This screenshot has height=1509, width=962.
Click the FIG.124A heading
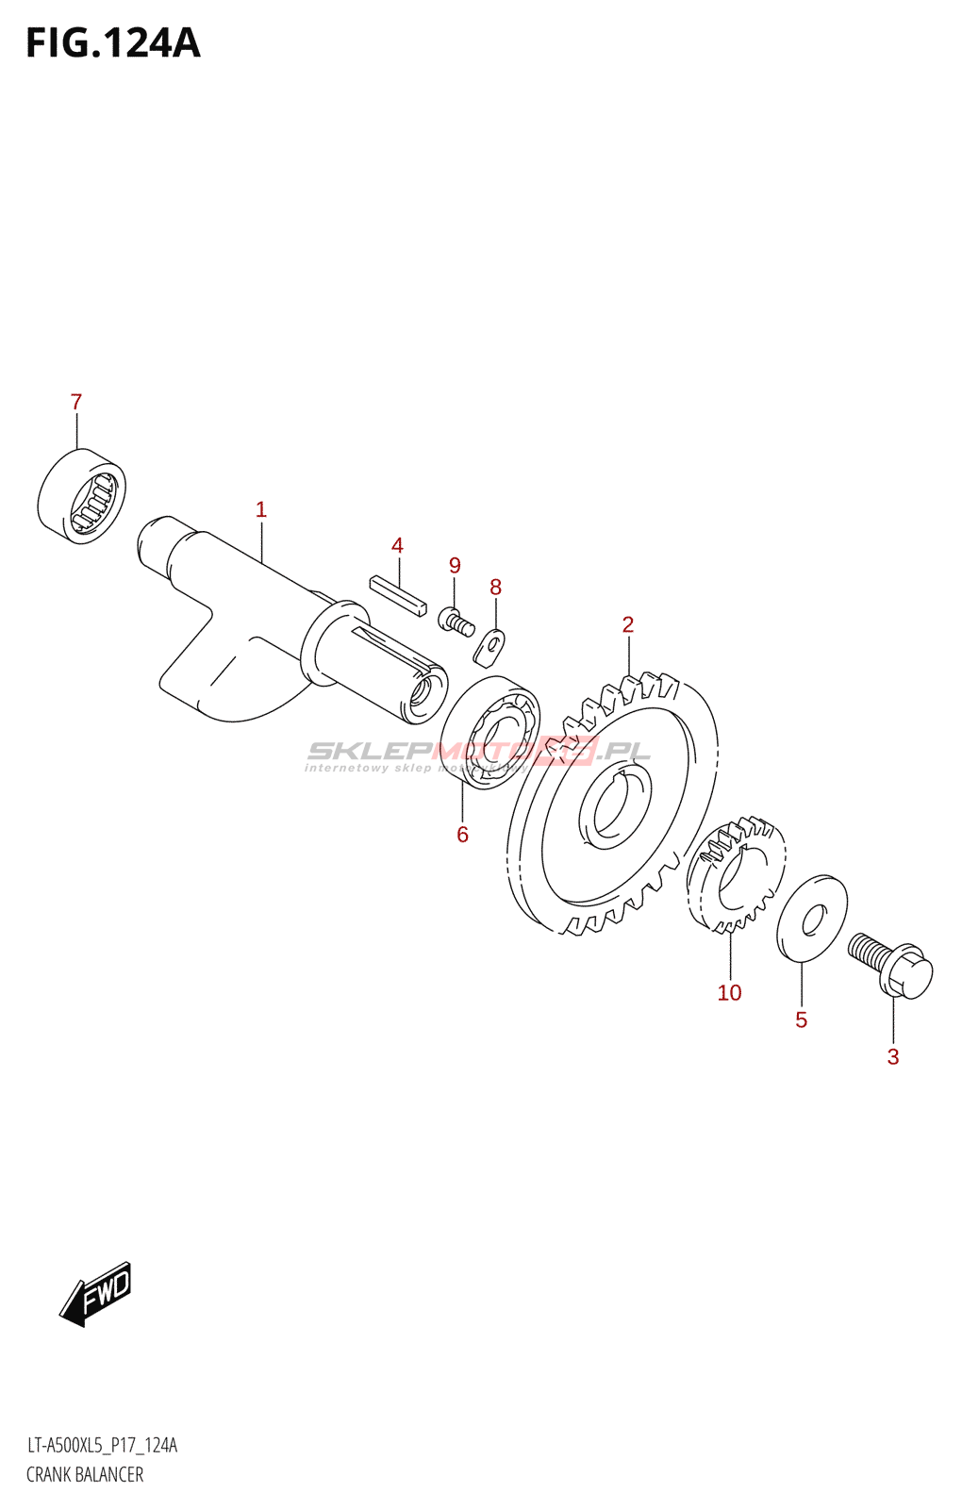click(113, 43)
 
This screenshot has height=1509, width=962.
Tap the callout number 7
click(76, 402)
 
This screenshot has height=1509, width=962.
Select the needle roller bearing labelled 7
click(82, 496)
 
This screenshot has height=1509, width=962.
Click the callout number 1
click(261, 509)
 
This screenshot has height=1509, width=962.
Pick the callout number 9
click(455, 565)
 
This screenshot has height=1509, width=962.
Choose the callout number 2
click(628, 624)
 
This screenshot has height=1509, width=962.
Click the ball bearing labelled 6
click(490, 733)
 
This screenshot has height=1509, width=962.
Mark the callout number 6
click(462, 834)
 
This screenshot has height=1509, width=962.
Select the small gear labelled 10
click(736, 875)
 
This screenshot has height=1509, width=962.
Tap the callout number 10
click(729, 992)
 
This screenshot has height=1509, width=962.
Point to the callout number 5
click(801, 1020)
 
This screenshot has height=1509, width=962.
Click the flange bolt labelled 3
click(891, 964)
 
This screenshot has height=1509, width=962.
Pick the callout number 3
click(893, 1056)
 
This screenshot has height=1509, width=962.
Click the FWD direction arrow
click(96, 1293)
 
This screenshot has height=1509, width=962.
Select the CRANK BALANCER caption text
click(85, 1474)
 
